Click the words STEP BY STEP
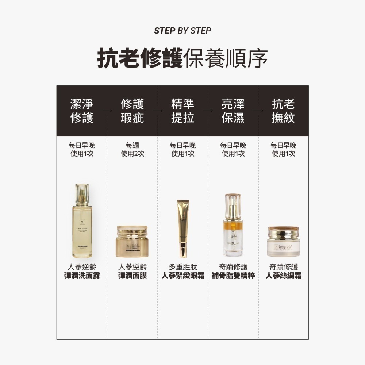coord(182,31)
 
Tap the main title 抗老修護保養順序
coord(182,58)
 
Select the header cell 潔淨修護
coord(82,111)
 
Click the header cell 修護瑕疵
coord(132,111)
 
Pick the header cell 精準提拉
coord(182,111)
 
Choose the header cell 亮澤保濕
coord(233,111)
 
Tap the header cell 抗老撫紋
coord(283,111)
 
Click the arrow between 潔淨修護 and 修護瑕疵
coord(107,110)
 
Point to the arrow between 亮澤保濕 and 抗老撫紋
coord(258,110)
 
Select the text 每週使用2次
coord(132,150)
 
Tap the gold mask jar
coord(132,241)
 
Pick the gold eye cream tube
coord(182,228)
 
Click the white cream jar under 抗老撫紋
coord(283,242)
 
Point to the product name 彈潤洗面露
coord(82,276)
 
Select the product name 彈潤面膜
coord(132,276)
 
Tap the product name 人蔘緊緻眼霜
coord(182,276)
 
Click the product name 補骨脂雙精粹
coord(233,276)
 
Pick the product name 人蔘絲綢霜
coord(283,276)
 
